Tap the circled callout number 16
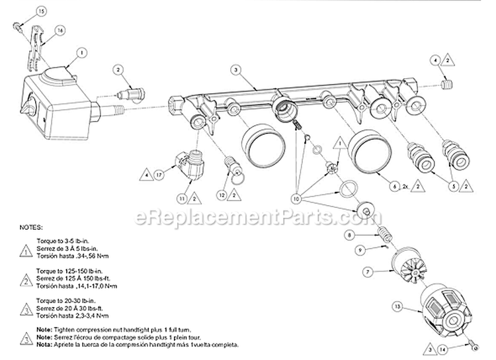(60, 31)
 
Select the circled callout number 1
(82, 52)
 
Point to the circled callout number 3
(235, 69)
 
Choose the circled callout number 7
(368, 271)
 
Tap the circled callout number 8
(367, 236)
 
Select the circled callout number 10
(296, 198)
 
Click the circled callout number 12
(223, 195)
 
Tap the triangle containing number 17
(159, 175)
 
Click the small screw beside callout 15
(17, 26)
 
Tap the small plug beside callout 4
(448, 86)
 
